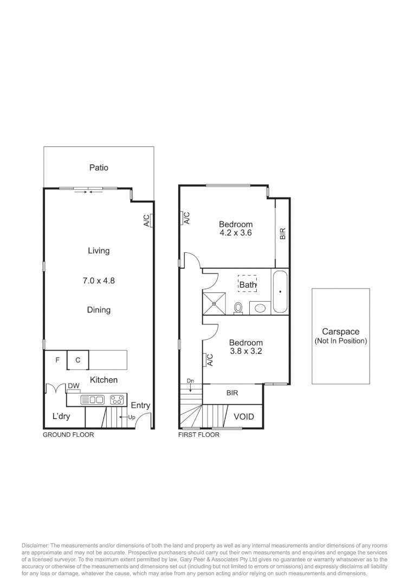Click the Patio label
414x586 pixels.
tap(99, 168)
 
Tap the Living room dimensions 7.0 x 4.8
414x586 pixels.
tap(99, 281)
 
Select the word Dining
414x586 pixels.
tap(99, 310)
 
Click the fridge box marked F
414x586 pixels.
tap(56, 360)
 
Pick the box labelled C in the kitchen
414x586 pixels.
tap(77, 360)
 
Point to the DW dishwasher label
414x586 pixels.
tap(74, 386)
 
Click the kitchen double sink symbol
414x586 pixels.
tap(92, 400)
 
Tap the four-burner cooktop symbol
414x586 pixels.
tap(117, 400)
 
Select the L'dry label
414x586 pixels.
tap(63, 417)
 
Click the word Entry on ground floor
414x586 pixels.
tap(140, 405)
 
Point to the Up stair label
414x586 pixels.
tap(131, 417)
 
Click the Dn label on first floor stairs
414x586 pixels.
tap(190, 381)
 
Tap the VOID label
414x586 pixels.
tap(244, 417)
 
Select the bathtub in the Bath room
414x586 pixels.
tap(280, 291)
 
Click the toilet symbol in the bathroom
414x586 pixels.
tap(238, 308)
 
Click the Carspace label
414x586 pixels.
tap(340, 332)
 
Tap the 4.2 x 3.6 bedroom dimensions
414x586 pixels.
tap(236, 233)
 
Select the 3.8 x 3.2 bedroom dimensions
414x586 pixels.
tap(245, 351)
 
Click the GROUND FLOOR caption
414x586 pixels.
tap(68, 435)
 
